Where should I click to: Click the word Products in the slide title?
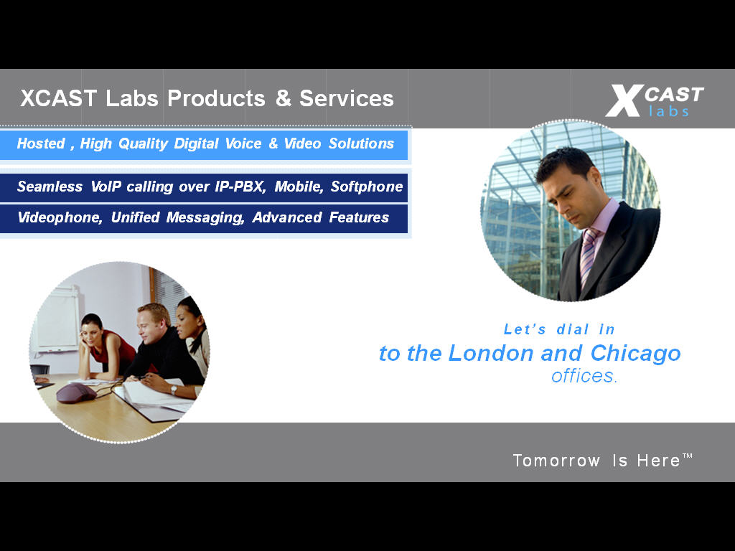[x=216, y=98]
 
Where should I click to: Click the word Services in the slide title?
[x=347, y=98]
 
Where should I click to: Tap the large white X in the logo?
[x=624, y=100]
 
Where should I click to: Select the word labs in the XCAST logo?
[x=669, y=110]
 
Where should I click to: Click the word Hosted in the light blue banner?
[x=41, y=143]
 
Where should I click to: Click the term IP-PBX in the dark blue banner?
[x=240, y=187]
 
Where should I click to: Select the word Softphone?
[x=367, y=187]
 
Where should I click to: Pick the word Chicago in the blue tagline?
[x=635, y=354]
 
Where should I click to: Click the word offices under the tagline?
[x=584, y=376]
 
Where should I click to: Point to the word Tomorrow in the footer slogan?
[x=556, y=461]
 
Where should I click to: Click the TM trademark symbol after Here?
[x=687, y=456]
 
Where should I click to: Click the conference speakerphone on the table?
[x=76, y=392]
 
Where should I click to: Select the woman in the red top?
[x=106, y=347]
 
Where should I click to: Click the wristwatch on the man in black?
[x=174, y=390]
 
